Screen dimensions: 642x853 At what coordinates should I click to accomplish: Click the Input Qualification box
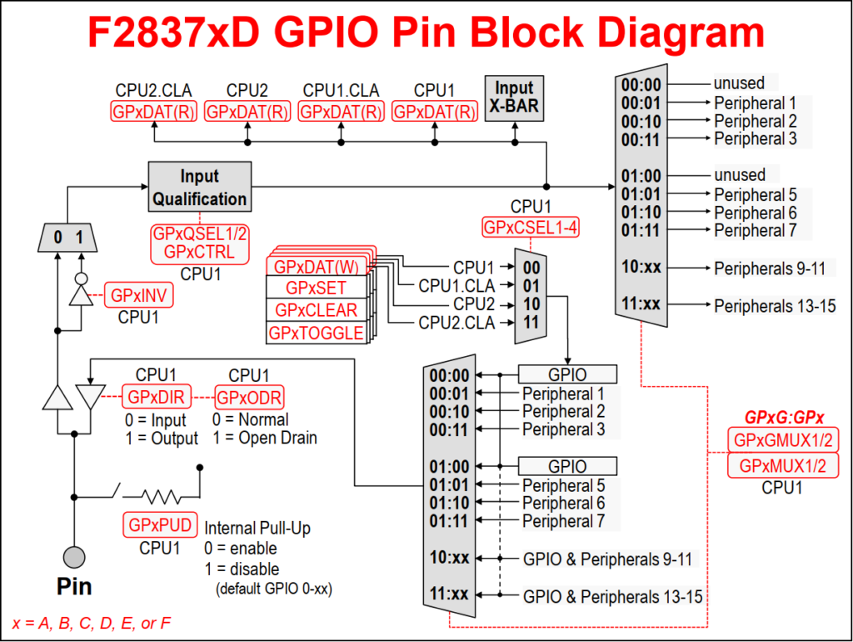(x=200, y=188)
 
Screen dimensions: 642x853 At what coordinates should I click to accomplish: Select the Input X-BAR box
(x=514, y=98)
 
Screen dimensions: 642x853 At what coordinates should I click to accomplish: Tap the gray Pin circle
(x=74, y=556)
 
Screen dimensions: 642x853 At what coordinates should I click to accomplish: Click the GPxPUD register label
(x=158, y=526)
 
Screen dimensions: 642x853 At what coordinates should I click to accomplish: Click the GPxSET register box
(x=316, y=288)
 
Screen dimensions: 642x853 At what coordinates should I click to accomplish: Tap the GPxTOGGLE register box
(x=316, y=333)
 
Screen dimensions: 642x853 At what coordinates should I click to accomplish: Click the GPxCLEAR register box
(x=316, y=310)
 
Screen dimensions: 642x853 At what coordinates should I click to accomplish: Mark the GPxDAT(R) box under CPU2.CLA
(x=153, y=112)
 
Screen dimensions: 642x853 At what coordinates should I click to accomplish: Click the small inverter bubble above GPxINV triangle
(x=78, y=279)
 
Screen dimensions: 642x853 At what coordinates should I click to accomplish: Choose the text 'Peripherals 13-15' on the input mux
(x=775, y=306)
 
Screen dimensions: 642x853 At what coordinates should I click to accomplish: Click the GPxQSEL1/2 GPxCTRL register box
(x=199, y=243)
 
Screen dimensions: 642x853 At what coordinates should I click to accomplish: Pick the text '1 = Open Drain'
(x=265, y=438)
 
